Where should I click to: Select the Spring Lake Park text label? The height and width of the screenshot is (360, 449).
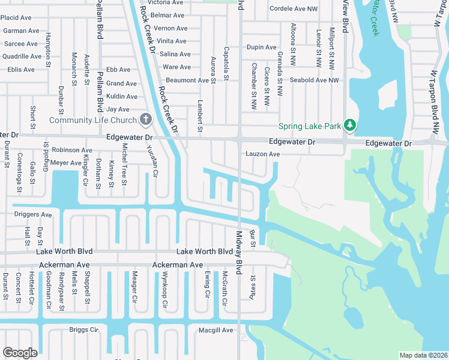(x=309, y=126)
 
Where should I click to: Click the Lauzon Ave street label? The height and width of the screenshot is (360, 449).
(x=262, y=154)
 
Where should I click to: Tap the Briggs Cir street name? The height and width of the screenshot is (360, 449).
(x=83, y=329)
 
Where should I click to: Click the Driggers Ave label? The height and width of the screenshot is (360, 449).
(x=29, y=214)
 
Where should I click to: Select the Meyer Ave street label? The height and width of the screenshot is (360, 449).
(x=66, y=163)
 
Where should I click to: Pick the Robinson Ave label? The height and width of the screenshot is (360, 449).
(x=72, y=150)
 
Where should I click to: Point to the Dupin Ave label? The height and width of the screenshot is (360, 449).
(x=261, y=47)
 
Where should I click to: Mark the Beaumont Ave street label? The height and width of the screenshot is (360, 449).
(x=187, y=80)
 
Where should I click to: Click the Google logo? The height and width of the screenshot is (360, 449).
(x=20, y=353)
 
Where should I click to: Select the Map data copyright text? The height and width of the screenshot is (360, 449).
(x=423, y=355)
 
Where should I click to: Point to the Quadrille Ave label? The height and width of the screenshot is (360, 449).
(x=20, y=56)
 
